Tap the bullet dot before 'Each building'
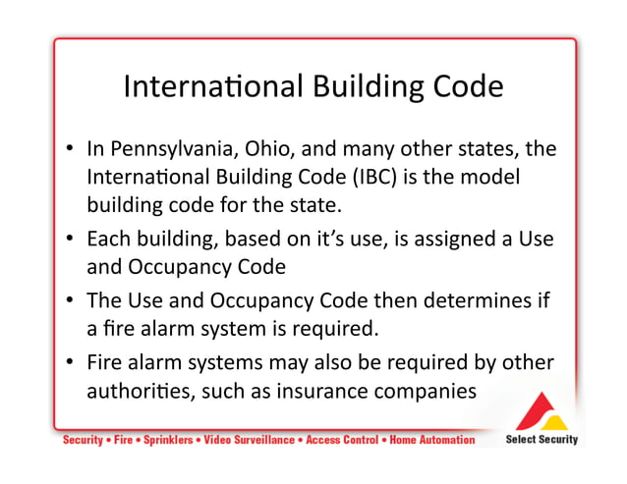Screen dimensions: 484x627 point(72,239)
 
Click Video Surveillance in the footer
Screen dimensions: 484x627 point(247,440)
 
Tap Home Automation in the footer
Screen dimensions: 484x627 point(432,440)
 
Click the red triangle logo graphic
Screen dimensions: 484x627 point(541,410)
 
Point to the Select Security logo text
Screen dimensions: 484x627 point(541,439)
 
